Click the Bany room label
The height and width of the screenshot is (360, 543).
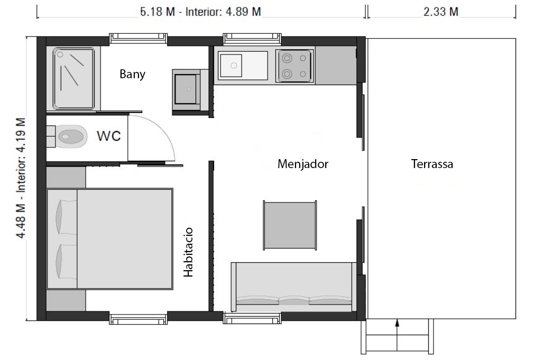point(132,74)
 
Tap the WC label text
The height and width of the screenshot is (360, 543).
point(109,136)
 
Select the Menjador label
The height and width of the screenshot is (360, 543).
point(302,164)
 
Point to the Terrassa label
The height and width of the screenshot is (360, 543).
point(432,164)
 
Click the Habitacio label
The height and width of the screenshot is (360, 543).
point(188,252)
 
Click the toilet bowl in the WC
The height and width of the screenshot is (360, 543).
point(71,136)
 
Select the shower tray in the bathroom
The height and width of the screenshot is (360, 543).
point(73,79)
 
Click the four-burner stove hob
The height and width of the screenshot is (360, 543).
point(294,66)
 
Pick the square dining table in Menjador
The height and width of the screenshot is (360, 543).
point(290,225)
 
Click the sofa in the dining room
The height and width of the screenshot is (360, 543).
point(293,287)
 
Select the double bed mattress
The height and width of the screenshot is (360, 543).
point(109,239)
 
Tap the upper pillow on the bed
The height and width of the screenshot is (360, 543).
point(66,217)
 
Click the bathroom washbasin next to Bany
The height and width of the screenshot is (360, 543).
point(186,89)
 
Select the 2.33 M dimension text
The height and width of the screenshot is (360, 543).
point(441,12)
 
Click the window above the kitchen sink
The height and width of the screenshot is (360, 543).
point(252,39)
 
